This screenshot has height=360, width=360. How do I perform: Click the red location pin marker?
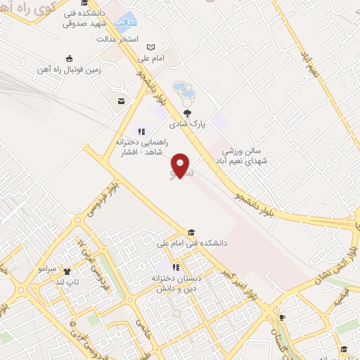pos(181,164)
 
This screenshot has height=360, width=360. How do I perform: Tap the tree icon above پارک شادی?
pos(187,112)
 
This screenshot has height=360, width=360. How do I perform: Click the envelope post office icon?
pos(121,101)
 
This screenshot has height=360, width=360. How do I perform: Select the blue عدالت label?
pos(126,22)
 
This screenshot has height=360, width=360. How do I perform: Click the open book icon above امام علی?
pos(149,47)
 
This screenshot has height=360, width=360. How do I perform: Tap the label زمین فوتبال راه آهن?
pos(68,70)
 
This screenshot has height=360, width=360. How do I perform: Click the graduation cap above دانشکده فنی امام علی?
pos(191,233)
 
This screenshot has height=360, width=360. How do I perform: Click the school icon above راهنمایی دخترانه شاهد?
pos(141,131)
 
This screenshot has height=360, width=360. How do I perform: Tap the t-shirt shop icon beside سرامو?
pos(67,271)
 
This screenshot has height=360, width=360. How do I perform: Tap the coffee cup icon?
pos(282,317)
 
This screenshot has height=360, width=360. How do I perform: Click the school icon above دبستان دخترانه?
pos(176,267)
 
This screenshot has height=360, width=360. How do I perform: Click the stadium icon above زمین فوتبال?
pos(68,58)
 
